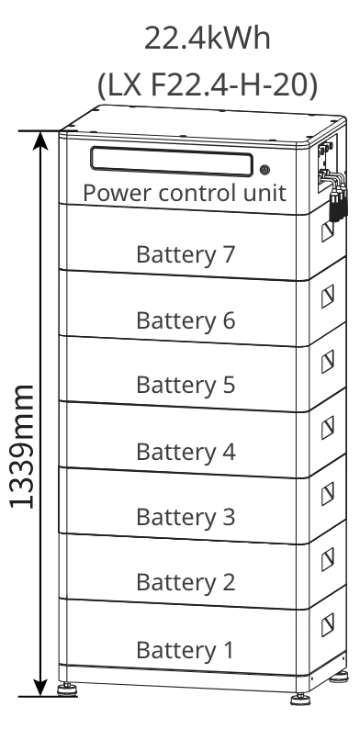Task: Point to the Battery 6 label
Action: pyautogui.click(x=186, y=320)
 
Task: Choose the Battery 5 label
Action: pyautogui.click(x=186, y=386)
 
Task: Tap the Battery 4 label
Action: pyautogui.click(x=186, y=452)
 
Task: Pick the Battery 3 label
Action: pyautogui.click(x=186, y=517)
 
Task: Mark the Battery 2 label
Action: pyautogui.click(x=186, y=582)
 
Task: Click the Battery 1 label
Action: pyautogui.click(x=186, y=650)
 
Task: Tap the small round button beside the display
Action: pyautogui.click(x=265, y=170)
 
